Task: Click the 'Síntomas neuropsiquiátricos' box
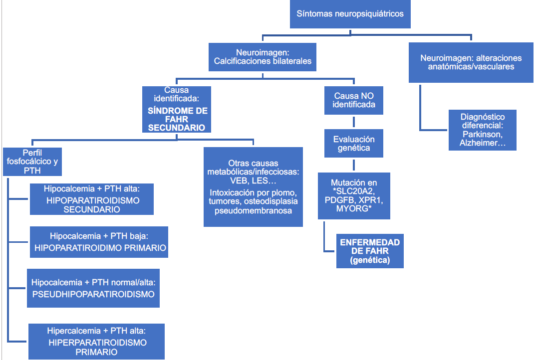tap(350, 14)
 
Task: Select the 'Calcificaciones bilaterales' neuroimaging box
tap(263, 57)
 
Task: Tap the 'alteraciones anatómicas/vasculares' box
tap(471, 62)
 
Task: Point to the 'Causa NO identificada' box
tap(354, 100)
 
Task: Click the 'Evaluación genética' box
tap(354, 144)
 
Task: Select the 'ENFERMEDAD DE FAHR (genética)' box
tap(369, 251)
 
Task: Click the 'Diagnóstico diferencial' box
tap(482, 130)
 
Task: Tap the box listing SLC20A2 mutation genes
tap(354, 195)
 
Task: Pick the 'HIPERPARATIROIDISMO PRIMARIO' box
tap(97, 342)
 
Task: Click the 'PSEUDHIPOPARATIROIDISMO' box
tap(93, 288)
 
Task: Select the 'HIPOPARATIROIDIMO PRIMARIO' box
tap(99, 242)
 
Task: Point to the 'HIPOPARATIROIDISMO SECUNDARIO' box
tap(92, 199)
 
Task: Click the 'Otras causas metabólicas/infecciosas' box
tap(253, 186)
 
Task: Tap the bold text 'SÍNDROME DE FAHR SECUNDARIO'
tap(177, 119)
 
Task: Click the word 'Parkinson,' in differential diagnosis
tap(482, 135)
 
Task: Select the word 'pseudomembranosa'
tap(253, 211)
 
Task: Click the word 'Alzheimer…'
tap(482, 144)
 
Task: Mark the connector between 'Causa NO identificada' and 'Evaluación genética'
tap(354, 122)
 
